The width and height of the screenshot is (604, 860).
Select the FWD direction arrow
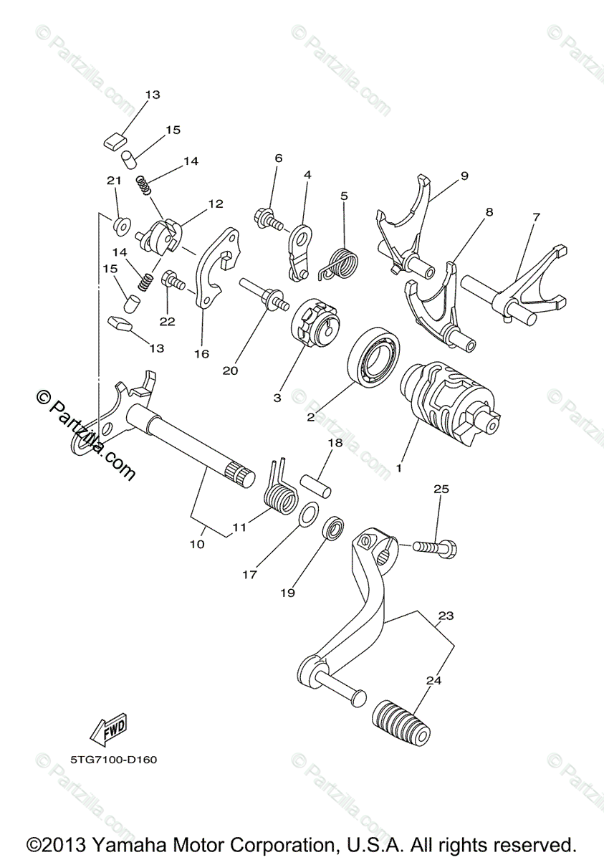[108, 729]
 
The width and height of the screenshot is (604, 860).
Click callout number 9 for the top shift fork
[464, 176]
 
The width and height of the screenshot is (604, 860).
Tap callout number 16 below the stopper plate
[201, 353]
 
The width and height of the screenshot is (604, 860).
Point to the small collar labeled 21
[120, 226]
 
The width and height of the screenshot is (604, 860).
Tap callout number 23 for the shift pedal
[446, 615]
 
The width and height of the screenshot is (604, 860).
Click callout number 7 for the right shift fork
[536, 216]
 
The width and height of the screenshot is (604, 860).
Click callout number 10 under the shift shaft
[196, 544]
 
